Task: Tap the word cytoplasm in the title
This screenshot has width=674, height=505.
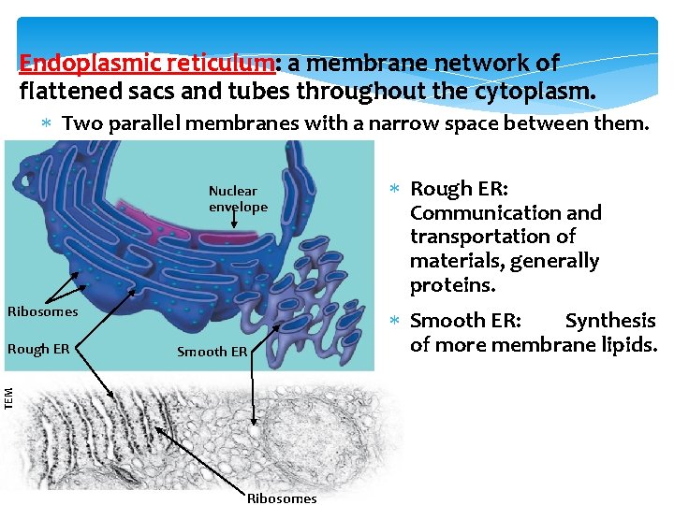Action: [x=537, y=92]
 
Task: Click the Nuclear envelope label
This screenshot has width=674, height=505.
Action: [x=238, y=199]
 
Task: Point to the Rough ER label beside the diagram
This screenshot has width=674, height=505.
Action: [x=38, y=349]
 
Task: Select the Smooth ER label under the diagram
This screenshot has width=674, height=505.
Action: [x=212, y=352]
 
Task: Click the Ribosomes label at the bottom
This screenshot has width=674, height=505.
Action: [x=282, y=498]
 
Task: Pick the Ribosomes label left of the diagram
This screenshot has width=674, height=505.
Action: [x=42, y=310]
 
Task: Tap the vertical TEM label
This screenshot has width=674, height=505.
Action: [x=8, y=397]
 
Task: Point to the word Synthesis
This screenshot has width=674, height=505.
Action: [x=610, y=321]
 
